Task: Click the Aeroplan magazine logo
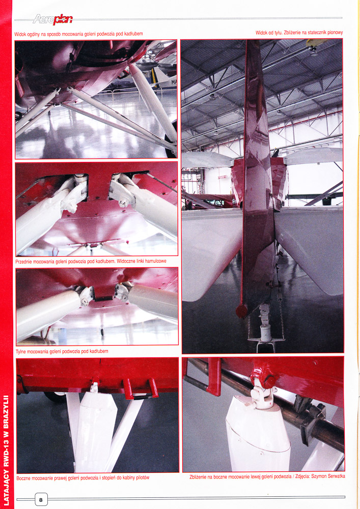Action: tap(52, 19)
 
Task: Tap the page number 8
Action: tap(41, 500)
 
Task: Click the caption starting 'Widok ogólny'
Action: tap(78, 34)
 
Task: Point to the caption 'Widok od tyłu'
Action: tap(299, 33)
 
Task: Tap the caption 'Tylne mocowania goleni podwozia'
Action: tap(62, 351)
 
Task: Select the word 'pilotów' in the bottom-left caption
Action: tap(142, 477)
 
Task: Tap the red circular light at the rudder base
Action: tap(241, 311)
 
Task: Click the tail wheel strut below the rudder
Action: tap(265, 328)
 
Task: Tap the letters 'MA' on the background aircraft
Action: tap(174, 82)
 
